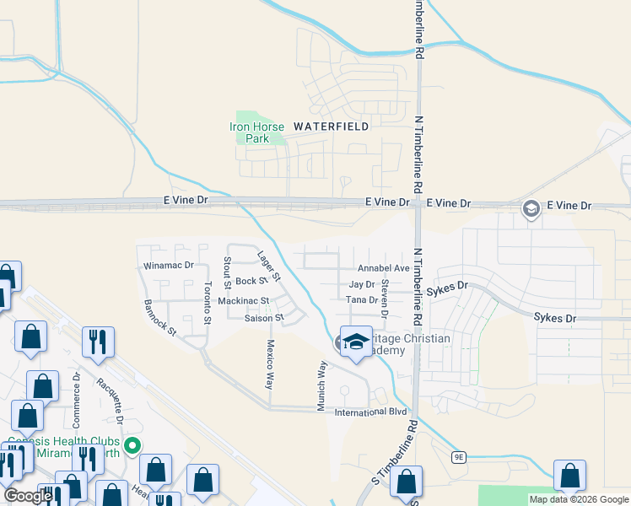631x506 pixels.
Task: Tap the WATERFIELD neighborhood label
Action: click(331, 126)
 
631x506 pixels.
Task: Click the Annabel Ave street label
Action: click(383, 268)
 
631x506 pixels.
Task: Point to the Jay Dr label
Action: click(361, 285)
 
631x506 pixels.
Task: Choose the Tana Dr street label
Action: click(361, 300)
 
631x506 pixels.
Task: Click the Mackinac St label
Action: click(243, 300)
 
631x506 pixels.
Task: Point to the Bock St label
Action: click(251, 281)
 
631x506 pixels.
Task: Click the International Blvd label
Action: click(371, 412)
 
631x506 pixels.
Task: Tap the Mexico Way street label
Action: click(271, 363)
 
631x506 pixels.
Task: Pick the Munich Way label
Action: click(321, 386)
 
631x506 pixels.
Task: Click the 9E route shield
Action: click(458, 457)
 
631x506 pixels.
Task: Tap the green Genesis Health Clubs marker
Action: click(132, 444)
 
